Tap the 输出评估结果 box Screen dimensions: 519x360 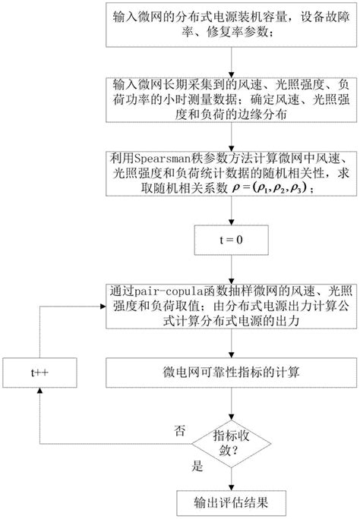(x=231, y=501)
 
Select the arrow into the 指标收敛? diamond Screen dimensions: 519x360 (x=231, y=401)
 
